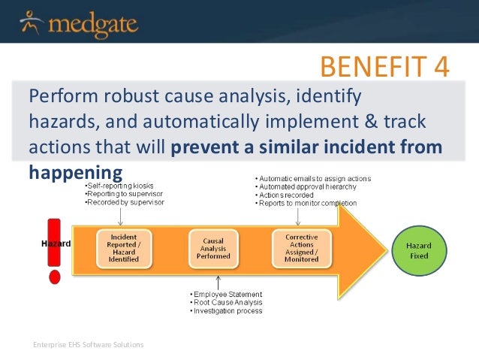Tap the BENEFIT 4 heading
[x=384, y=66]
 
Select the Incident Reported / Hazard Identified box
[x=122, y=245]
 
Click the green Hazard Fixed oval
[x=418, y=250]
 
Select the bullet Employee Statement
[x=224, y=294]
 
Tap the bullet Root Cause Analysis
[x=225, y=302]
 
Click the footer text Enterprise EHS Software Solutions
[x=88, y=344]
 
